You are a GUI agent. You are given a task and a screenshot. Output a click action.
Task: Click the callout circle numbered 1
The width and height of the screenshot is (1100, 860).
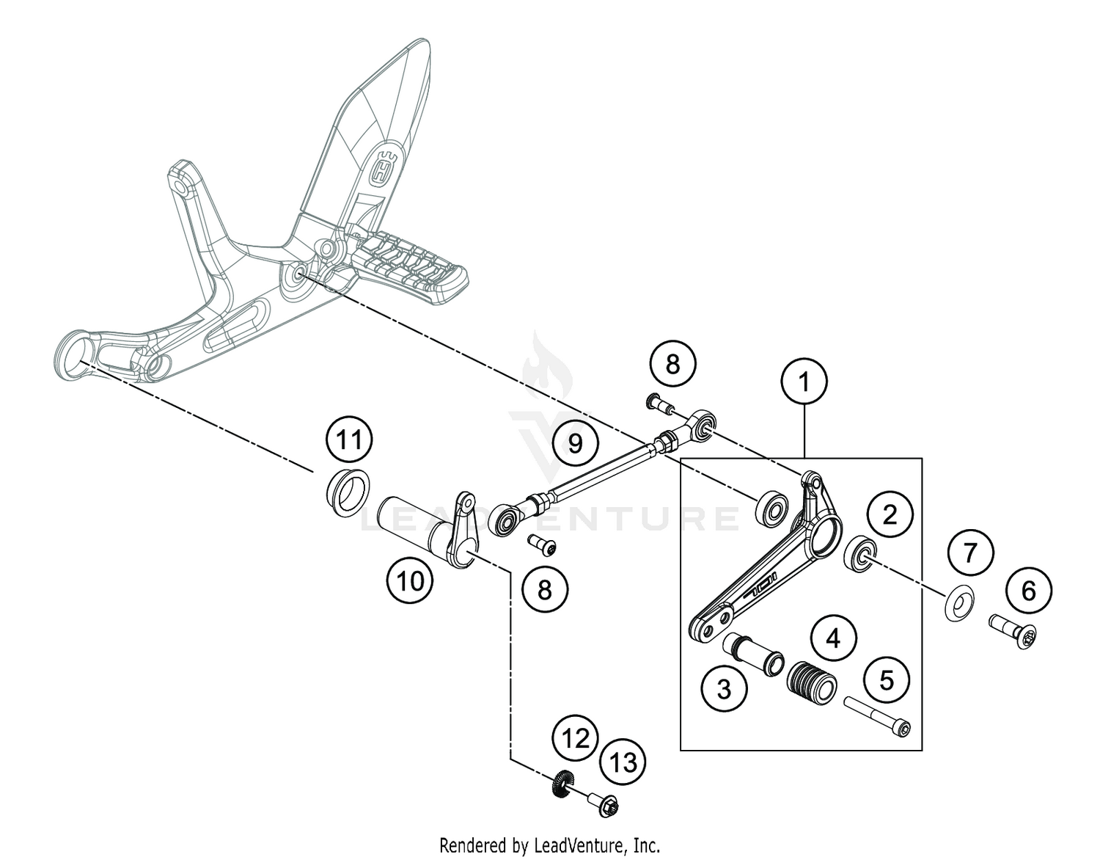(x=804, y=382)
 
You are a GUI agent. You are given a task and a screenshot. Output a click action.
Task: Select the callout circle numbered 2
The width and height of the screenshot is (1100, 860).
(x=890, y=514)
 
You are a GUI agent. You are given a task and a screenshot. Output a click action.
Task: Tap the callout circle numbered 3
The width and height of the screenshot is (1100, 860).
(x=724, y=689)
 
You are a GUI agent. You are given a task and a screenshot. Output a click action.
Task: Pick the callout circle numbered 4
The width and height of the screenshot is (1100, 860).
(x=833, y=639)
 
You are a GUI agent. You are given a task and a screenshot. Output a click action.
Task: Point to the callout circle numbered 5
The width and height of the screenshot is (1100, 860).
(x=887, y=680)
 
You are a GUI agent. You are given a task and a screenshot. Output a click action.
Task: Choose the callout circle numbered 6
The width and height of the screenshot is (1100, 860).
(x=1028, y=590)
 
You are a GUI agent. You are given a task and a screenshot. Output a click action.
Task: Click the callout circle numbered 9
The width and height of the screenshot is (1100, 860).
(x=575, y=443)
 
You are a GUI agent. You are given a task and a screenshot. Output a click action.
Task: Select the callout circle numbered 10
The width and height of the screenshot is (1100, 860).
(x=411, y=581)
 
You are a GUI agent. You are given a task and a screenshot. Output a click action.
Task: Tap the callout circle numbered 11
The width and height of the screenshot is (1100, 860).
(x=349, y=440)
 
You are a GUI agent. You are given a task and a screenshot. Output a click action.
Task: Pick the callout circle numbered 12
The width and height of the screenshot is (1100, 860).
(x=576, y=738)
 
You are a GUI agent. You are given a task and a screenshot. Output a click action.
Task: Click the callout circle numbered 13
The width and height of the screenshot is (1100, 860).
(x=623, y=762)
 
